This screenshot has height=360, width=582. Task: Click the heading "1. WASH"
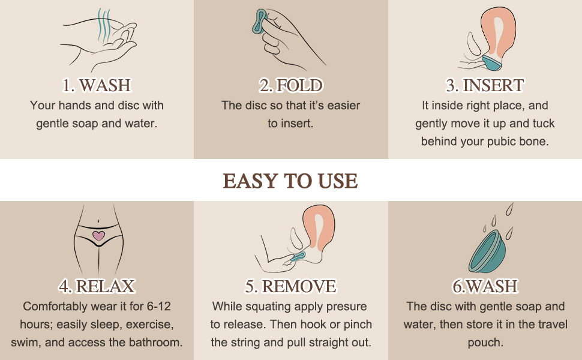coord(97,85)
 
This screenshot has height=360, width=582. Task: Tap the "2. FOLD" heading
coord(291,85)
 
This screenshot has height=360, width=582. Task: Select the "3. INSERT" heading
coord(485,85)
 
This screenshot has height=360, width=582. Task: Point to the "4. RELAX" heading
coord(97,286)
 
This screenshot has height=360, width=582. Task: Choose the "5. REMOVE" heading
coord(291,286)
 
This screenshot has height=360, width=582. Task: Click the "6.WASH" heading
coord(485,286)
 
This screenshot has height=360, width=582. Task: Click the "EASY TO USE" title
coord(290,181)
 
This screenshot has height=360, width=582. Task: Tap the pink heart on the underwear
coord(98,236)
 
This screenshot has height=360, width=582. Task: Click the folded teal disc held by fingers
coord(260,26)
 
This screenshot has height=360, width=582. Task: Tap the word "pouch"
coord(485,343)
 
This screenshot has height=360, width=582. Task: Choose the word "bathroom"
coord(153,343)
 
